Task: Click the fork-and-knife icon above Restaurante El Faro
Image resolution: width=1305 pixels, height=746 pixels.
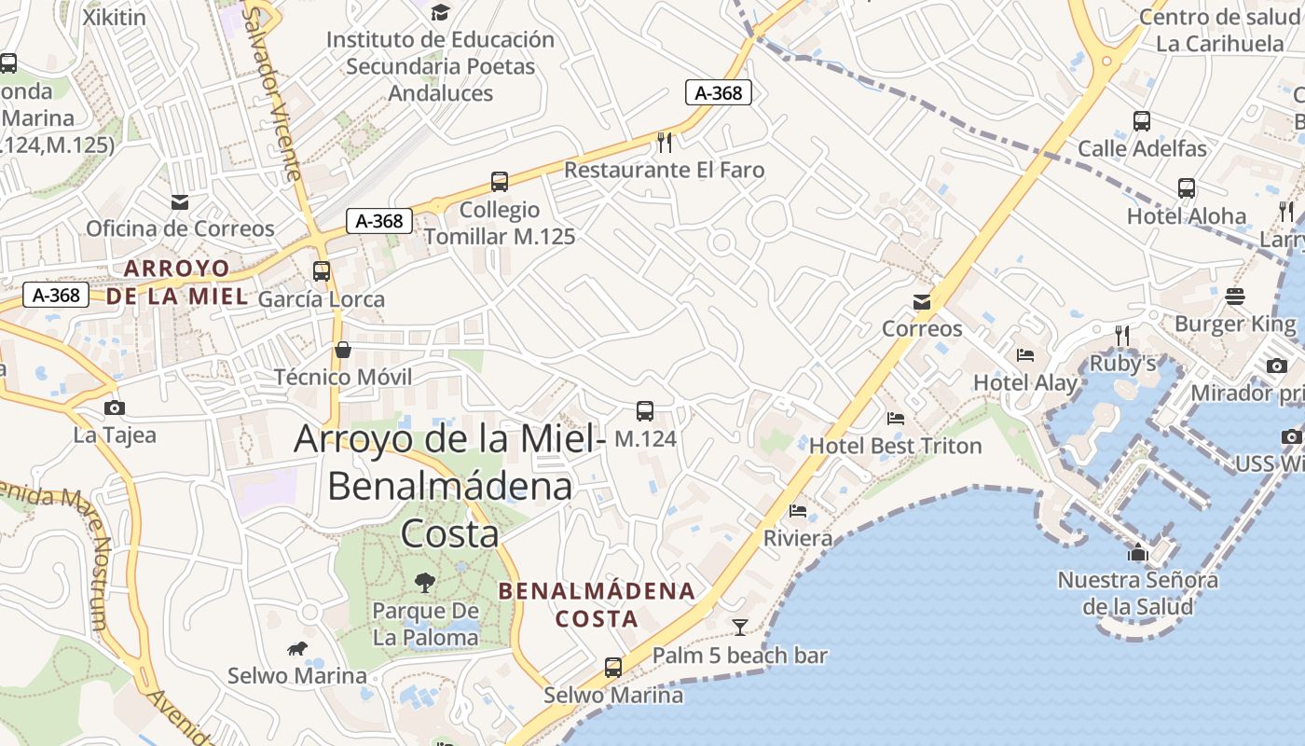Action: (665, 142)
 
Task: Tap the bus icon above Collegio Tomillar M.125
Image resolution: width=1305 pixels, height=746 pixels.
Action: (500, 182)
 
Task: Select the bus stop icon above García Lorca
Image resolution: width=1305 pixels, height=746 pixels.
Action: (322, 271)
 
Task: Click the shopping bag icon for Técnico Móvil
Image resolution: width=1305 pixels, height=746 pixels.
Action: (343, 350)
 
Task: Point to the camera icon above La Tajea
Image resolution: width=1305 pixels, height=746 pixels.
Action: (115, 408)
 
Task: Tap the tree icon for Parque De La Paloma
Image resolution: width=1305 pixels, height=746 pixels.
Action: (425, 584)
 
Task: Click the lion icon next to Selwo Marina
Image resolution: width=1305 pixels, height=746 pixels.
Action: (297, 648)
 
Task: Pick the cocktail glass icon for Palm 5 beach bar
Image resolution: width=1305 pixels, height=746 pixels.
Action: (740, 627)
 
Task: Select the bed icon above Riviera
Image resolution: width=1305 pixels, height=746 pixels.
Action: (798, 510)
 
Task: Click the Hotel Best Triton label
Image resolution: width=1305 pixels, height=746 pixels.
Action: (895, 446)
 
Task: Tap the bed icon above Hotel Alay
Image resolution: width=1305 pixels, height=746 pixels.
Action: (1025, 354)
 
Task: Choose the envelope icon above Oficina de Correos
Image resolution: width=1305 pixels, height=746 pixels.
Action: (180, 201)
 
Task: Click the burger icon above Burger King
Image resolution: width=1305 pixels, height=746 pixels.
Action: (1235, 297)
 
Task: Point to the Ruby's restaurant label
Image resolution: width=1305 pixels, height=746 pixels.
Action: (1122, 364)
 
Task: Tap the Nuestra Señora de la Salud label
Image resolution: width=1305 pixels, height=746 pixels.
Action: (1137, 593)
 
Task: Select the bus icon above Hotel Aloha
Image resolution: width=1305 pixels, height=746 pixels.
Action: (1187, 188)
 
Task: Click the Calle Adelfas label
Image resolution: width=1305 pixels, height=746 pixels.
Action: (1142, 148)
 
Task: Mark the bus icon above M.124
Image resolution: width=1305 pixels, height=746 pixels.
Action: (644, 410)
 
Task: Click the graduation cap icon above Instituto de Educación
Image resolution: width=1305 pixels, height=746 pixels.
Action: (440, 12)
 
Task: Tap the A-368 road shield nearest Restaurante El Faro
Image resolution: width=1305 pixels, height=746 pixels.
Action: (719, 92)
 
